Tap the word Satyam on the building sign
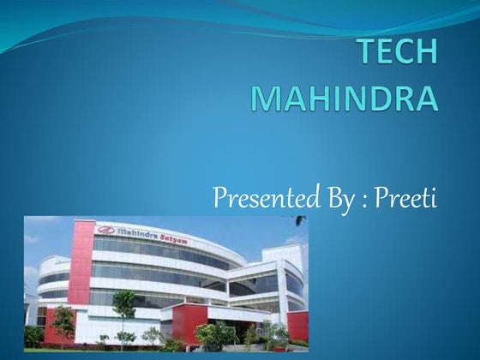pos(180,235)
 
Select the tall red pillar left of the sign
pos(82,261)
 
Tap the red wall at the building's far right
pos(297,325)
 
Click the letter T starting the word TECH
pos(369,52)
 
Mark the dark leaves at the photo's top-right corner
pos(300,221)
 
